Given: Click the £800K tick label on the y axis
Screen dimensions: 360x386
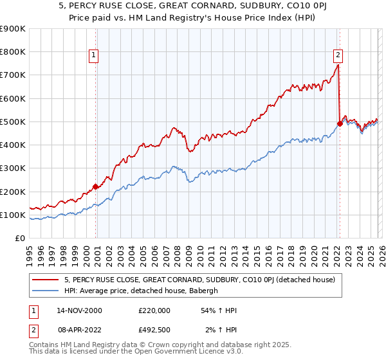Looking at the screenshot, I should click(x=12, y=52).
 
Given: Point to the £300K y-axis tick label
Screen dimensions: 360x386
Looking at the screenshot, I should click(x=12, y=168).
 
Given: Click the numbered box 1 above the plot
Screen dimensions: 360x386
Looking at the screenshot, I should click(x=94, y=56).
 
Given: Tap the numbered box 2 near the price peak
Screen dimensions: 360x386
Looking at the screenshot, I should click(x=338, y=55).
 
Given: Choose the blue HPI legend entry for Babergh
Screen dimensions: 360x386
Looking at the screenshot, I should click(x=142, y=291).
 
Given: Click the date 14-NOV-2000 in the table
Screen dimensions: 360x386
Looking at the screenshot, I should click(x=78, y=310).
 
